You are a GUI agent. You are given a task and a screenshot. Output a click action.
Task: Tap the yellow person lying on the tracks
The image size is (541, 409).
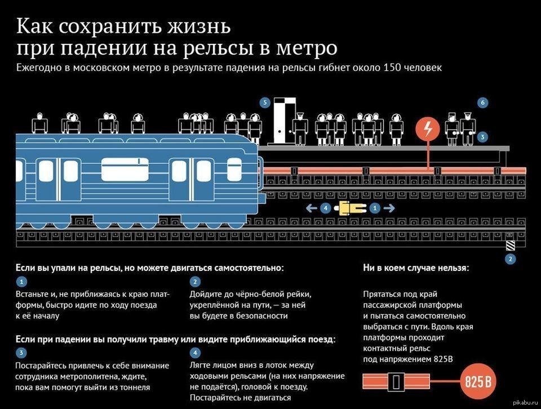click(350, 208)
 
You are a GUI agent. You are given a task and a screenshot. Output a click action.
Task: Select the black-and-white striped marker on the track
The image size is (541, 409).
click(511, 246)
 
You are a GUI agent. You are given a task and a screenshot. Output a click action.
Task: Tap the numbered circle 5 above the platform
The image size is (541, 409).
click(265, 103)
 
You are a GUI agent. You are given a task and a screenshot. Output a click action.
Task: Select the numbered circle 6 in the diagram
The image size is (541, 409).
click(482, 103)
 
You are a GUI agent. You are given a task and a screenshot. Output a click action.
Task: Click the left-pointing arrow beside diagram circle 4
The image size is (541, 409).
click(311, 208)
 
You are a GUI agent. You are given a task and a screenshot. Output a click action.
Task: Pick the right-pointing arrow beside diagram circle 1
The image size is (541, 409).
click(389, 208)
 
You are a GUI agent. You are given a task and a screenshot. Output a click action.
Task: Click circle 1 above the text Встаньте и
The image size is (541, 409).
click(20, 282)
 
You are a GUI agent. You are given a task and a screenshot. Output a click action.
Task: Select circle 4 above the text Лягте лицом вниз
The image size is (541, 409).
click(195, 353)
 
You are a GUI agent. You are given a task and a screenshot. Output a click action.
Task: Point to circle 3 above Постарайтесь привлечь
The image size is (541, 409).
click(20, 353)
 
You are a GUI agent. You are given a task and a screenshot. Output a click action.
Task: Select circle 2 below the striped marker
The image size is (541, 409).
click(511, 260)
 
